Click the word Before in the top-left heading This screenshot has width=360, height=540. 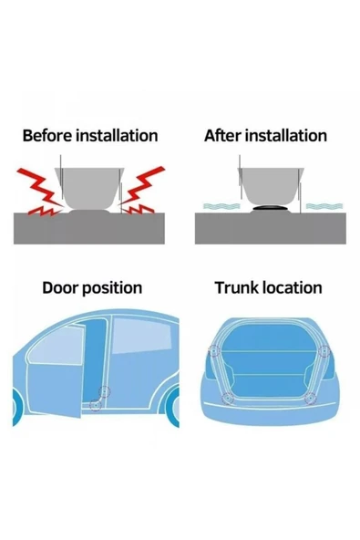click(x=47, y=135)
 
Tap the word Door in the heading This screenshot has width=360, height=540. click(x=61, y=287)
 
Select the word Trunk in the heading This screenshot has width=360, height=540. click(x=237, y=287)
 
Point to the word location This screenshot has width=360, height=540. click(x=293, y=287)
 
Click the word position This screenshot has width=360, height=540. click(x=112, y=288)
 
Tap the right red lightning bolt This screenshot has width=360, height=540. click(x=142, y=190)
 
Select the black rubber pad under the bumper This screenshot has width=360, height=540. click(x=271, y=208)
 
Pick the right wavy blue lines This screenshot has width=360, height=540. click(x=324, y=206)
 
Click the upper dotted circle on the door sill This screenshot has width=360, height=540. click(x=104, y=392)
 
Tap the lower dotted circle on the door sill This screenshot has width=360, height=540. click(x=96, y=405)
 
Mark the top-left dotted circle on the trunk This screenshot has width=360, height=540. click(x=214, y=351)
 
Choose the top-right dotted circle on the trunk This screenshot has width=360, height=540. click(x=324, y=351)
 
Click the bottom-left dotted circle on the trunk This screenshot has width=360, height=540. click(x=228, y=399)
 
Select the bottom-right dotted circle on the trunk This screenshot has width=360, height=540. click(x=311, y=399)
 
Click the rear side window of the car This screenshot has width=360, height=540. click(x=141, y=336)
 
